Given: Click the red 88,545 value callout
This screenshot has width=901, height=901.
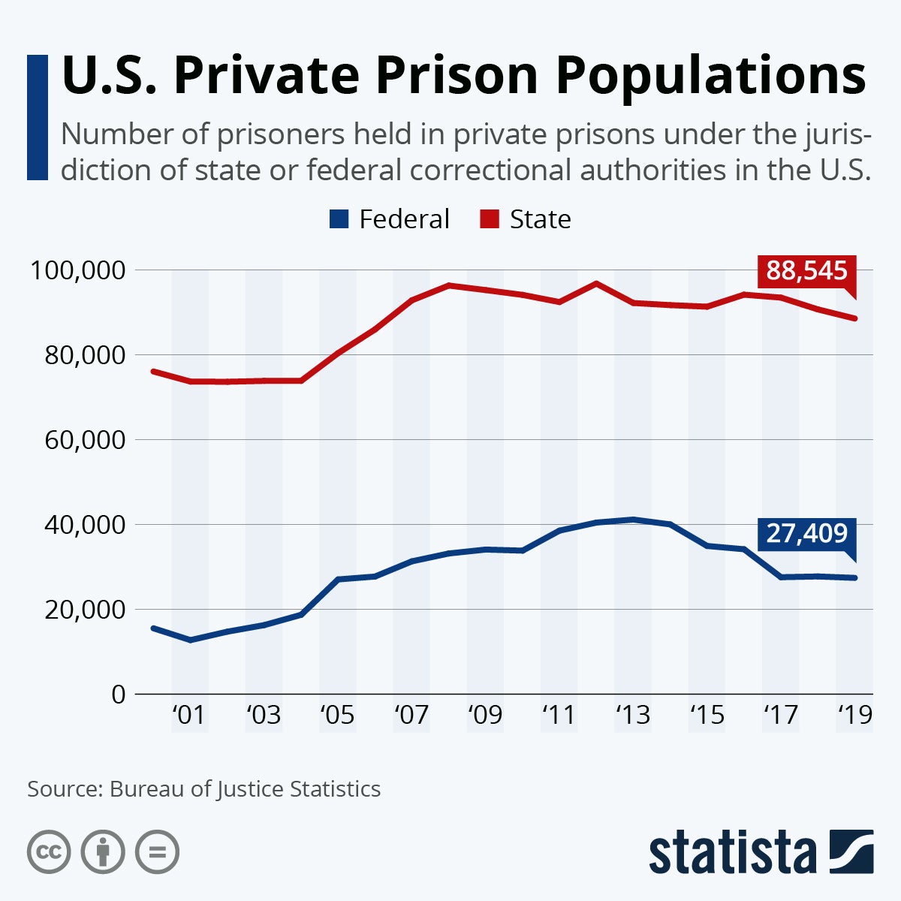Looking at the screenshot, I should (x=807, y=271).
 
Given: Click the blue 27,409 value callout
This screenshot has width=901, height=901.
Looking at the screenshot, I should (x=807, y=534).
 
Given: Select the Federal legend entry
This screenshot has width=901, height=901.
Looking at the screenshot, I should (x=390, y=219).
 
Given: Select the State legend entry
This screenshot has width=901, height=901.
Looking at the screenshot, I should (x=526, y=219).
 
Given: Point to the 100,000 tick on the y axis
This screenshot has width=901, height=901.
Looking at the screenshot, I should (x=76, y=270).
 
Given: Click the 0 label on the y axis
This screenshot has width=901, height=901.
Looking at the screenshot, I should (x=118, y=694).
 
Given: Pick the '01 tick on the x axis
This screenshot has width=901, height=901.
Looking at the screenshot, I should (x=188, y=715).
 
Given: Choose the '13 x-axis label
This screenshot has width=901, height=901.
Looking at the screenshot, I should (x=632, y=715).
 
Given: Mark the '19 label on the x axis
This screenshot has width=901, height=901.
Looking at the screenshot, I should (x=854, y=715).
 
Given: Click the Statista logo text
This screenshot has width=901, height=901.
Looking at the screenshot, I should (x=732, y=853).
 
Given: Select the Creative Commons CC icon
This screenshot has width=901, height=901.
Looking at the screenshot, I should (x=49, y=852).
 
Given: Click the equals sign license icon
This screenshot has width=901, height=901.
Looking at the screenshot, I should (x=157, y=852).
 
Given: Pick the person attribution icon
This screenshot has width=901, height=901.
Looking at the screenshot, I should (x=103, y=852).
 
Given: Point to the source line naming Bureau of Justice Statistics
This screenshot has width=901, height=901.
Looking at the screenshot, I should (x=203, y=789).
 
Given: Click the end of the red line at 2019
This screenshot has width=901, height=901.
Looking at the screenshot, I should (x=854, y=318).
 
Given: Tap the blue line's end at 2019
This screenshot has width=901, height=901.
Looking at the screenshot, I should (x=854, y=577).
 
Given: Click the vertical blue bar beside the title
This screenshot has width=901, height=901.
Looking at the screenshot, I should (x=37, y=117).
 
